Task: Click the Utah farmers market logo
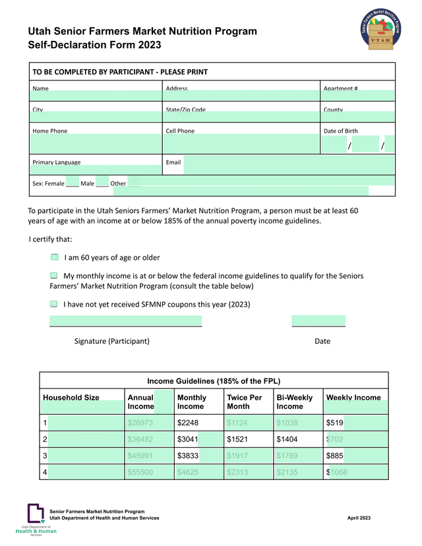(381, 30)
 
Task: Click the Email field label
(173, 162)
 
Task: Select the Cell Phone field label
(180, 131)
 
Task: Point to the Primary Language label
(56, 162)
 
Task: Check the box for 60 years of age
(55, 257)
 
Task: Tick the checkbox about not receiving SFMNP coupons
(54, 304)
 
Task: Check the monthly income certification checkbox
(54, 275)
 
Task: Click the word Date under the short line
(322, 341)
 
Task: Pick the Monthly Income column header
(191, 402)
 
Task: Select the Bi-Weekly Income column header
(294, 402)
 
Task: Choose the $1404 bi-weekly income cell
(287, 439)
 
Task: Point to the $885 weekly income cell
(336, 455)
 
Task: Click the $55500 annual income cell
(140, 471)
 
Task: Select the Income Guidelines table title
(214, 381)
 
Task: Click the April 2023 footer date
(359, 518)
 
